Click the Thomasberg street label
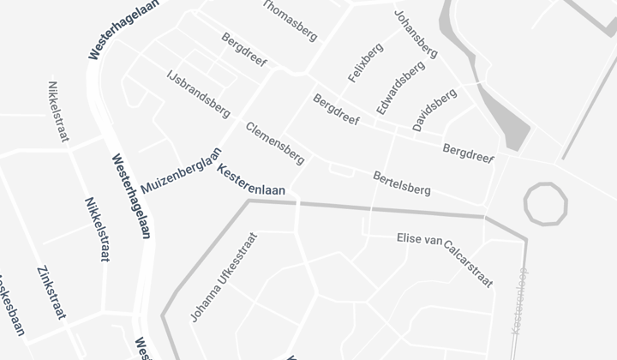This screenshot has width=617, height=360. (x=289, y=20)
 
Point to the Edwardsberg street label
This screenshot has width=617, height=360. (x=399, y=88)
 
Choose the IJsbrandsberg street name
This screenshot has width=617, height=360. (x=198, y=93)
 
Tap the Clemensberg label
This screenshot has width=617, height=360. (x=274, y=142)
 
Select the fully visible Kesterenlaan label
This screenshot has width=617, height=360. (x=256, y=183)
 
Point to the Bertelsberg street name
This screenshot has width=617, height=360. (x=402, y=183)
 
